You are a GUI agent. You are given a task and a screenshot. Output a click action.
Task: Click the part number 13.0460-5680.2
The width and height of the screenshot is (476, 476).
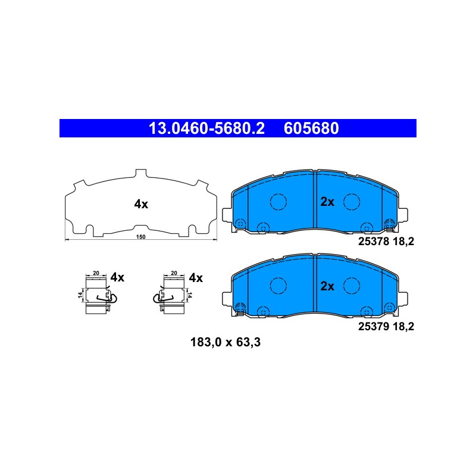tap(206, 129)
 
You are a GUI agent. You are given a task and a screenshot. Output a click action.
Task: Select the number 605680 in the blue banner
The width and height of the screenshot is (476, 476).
tap(311, 129)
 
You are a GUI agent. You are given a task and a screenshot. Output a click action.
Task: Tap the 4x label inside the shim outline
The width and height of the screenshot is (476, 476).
tap(141, 204)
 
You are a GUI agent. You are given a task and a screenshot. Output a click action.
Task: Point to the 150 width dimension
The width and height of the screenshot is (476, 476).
tap(141, 237)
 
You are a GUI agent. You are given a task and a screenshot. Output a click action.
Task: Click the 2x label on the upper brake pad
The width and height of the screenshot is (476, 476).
tap(327, 202)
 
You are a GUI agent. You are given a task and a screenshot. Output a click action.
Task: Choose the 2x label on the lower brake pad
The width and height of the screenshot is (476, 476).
tap(327, 286)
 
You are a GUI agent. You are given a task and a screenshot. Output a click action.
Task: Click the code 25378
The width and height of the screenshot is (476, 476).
tap(374, 242)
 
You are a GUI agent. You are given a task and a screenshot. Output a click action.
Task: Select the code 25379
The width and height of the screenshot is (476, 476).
tap(374, 327)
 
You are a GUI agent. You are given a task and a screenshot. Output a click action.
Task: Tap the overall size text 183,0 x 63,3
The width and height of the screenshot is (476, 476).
tap(226, 343)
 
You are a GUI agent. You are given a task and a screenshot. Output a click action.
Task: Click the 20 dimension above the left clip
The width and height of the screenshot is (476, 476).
tap(96, 273)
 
